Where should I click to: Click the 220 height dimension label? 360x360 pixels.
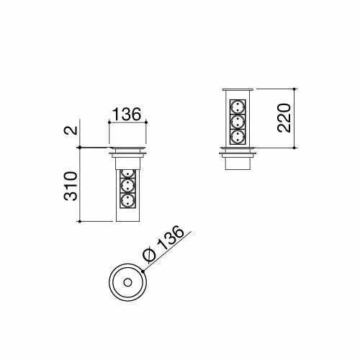pyautogui.click(x=284, y=118)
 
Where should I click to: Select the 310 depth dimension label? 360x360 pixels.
pyautogui.click(x=71, y=186)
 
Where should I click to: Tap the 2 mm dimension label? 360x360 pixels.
pyautogui.click(x=71, y=130)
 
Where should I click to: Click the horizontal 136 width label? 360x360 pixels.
pyautogui.click(x=127, y=114)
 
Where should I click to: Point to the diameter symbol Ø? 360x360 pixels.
pyautogui.click(x=149, y=255)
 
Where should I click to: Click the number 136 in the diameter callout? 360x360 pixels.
pyautogui.click(x=171, y=238)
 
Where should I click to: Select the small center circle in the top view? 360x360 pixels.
pyautogui.click(x=127, y=282)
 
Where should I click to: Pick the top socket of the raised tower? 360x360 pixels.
pyautogui.click(x=238, y=107)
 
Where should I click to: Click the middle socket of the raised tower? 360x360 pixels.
pyautogui.click(x=238, y=122)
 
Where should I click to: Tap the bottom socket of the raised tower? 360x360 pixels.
pyautogui.click(x=238, y=137)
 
